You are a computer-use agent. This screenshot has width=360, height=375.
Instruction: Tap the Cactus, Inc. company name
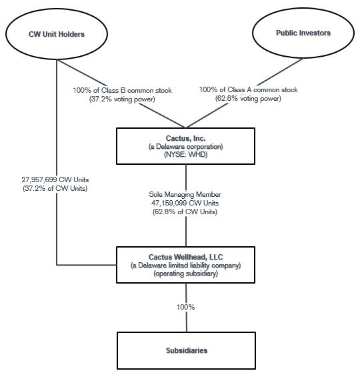tap(185, 138)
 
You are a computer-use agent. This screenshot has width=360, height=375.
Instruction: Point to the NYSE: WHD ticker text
tap(185, 154)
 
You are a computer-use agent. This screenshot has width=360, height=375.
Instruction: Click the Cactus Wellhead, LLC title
tap(185, 257)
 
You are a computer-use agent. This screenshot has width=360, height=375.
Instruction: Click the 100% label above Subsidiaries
tap(185, 307)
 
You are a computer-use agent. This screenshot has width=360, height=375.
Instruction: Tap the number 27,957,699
tap(39, 179)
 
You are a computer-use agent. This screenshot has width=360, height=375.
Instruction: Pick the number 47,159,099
tap(169, 203)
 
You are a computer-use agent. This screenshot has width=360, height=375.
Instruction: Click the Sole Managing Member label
tap(185, 194)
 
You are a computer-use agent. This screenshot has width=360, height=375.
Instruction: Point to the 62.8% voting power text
tap(248, 99)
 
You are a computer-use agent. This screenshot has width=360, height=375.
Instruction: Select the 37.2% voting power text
tap(122, 99)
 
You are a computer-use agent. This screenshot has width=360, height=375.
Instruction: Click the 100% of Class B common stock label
tap(122, 90)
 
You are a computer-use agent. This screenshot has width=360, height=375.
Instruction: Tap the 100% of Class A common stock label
tap(249, 89)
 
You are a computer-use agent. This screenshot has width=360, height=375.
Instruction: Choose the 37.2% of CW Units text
tap(55, 188)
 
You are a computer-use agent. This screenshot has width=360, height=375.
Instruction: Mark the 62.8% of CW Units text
tap(185, 212)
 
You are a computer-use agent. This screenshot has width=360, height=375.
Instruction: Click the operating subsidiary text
tap(185, 273)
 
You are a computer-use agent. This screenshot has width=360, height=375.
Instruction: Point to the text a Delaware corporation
tap(185, 146)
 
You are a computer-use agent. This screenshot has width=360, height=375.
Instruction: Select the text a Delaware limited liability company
tap(185, 265)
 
